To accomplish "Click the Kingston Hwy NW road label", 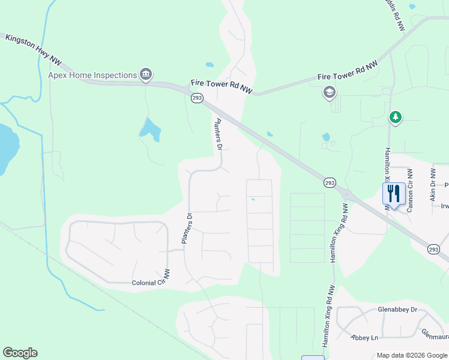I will [34, 47].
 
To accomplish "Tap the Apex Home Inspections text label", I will [92, 75].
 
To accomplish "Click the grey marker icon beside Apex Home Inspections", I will [145, 74].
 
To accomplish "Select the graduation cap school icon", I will [329, 92].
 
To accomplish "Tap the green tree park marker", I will [395, 117].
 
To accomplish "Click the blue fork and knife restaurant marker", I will [394, 193].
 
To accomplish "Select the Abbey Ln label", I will [365, 337].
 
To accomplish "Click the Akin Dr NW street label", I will [432, 183].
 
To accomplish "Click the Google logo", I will [20, 353].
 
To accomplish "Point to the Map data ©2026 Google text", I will [412, 355].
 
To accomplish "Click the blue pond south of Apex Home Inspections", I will [149, 129].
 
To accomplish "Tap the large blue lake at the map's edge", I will [7, 149].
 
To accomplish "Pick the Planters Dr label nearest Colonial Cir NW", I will [186, 229].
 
